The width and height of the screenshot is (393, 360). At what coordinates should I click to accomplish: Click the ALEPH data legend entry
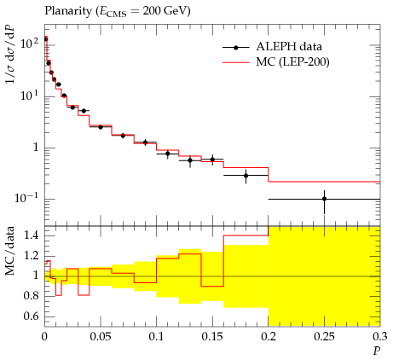(272, 47)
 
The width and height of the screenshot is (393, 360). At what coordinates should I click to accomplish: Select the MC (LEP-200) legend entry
(276, 61)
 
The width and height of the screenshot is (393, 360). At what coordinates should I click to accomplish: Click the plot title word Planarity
(68, 11)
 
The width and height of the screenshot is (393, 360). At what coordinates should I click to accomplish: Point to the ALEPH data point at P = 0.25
(324, 199)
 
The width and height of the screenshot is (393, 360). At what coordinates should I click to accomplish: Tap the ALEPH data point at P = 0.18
(246, 176)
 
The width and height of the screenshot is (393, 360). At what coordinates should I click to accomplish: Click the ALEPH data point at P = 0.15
(212, 160)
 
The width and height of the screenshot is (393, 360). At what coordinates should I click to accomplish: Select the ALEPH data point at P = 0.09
(145, 142)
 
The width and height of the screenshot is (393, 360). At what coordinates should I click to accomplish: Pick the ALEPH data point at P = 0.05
(101, 127)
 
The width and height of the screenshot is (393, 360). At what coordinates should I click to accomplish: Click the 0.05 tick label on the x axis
(101, 337)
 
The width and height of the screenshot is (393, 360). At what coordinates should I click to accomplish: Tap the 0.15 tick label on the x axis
(212, 337)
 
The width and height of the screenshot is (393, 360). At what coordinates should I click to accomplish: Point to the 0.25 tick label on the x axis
(324, 337)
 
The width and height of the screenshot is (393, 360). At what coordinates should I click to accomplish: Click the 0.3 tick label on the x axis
(380, 337)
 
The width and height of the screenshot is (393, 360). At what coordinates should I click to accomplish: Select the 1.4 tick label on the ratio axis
(32, 235)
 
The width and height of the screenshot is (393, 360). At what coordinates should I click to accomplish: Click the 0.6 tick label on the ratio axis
(32, 316)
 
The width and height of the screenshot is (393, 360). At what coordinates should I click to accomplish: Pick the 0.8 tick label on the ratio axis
(32, 296)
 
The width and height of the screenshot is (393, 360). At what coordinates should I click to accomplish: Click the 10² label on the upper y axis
(29, 44)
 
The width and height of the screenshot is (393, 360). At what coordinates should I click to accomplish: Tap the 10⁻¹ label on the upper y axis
(26, 197)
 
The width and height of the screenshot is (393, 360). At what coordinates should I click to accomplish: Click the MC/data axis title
(10, 251)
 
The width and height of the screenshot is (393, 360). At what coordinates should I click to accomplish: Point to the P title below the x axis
(377, 351)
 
